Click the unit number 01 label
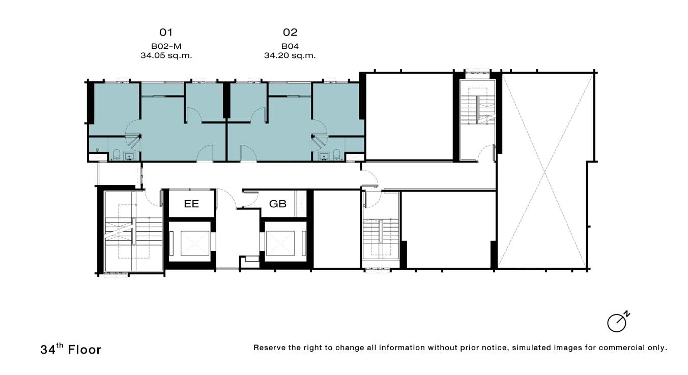pyautogui.click(x=166, y=32)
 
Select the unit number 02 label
pyautogui.click(x=290, y=32)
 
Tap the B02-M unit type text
pyautogui.click(x=166, y=46)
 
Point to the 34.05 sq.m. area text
pyautogui.click(x=166, y=55)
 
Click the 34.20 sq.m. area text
pyautogui.click(x=290, y=55)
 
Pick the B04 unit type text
pyautogui.click(x=290, y=46)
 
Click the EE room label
pyautogui.click(x=191, y=204)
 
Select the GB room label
pyautogui.click(x=278, y=204)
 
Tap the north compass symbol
pyautogui.click(x=618, y=322)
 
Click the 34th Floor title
pyautogui.click(x=71, y=349)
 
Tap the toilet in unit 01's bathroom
pyautogui.click(x=117, y=154)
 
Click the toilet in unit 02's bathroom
pyautogui.click(x=337, y=154)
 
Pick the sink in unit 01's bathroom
pyautogui.click(x=129, y=157)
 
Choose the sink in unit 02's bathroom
pyautogui.click(x=324, y=157)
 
